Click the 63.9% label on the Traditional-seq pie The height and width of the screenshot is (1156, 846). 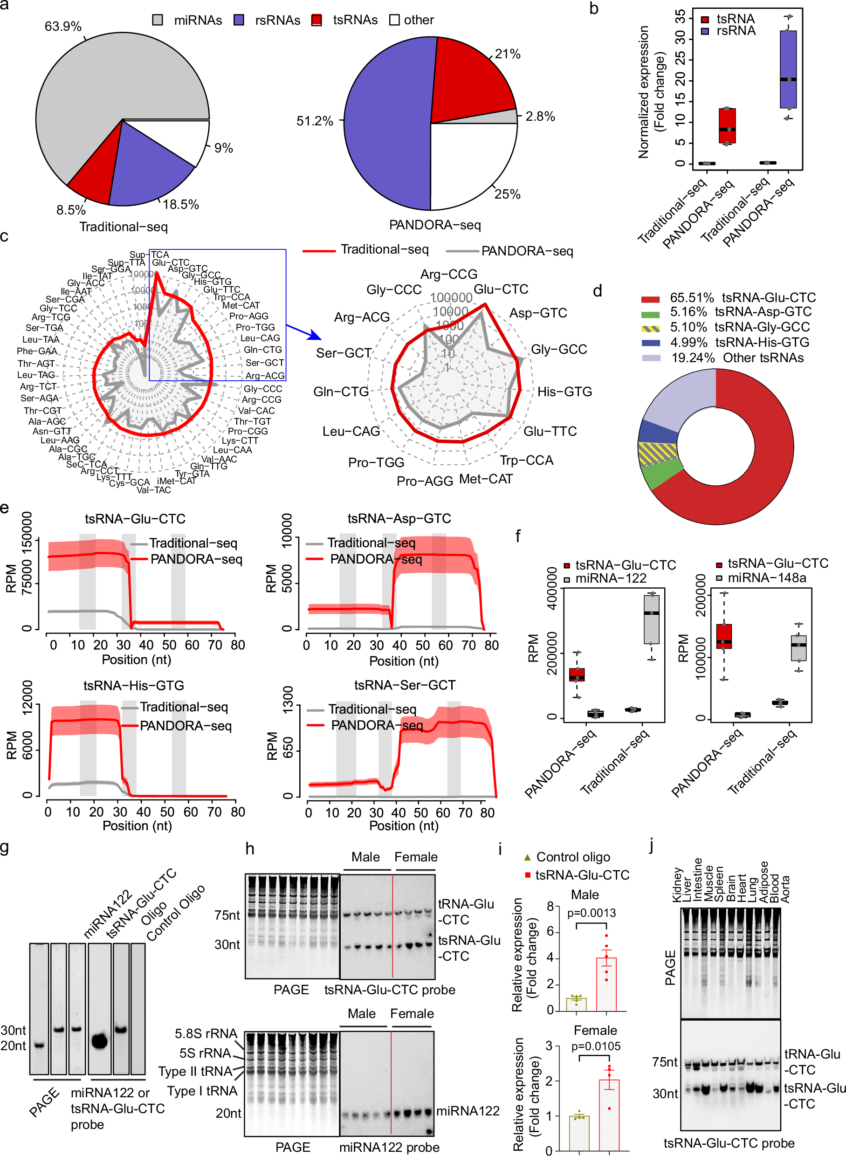(x=63, y=26)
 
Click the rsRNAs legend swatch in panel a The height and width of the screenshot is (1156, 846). (x=239, y=20)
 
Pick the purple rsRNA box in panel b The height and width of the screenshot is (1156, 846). (x=788, y=69)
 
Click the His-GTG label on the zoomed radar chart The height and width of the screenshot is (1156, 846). (x=564, y=392)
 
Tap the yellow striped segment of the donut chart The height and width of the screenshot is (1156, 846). (x=658, y=453)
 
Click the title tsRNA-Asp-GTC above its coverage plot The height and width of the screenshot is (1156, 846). (x=399, y=518)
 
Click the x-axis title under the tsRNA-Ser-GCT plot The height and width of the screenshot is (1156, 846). (x=404, y=825)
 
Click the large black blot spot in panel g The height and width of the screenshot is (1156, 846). (x=99, y=1041)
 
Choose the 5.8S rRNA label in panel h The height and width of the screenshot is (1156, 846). (x=206, y=1033)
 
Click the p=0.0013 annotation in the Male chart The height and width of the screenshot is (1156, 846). (x=592, y=913)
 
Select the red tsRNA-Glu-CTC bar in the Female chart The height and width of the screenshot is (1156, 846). (x=609, y=1115)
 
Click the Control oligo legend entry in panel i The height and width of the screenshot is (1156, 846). (x=572, y=857)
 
